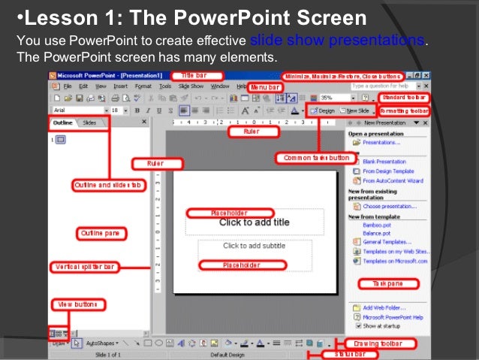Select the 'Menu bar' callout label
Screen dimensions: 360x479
265,88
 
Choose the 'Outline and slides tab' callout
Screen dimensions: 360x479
107,185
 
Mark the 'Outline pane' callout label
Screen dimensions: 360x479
101,234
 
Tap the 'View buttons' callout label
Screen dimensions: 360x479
77,304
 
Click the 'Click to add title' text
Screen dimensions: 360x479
254,222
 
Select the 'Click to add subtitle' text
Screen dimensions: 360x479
254,246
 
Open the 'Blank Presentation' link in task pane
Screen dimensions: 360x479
384,162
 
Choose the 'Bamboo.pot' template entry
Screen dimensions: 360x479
378,224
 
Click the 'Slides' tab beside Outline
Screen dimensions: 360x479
89,122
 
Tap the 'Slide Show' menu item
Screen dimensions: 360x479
191,86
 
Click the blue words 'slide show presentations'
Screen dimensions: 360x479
336,40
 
